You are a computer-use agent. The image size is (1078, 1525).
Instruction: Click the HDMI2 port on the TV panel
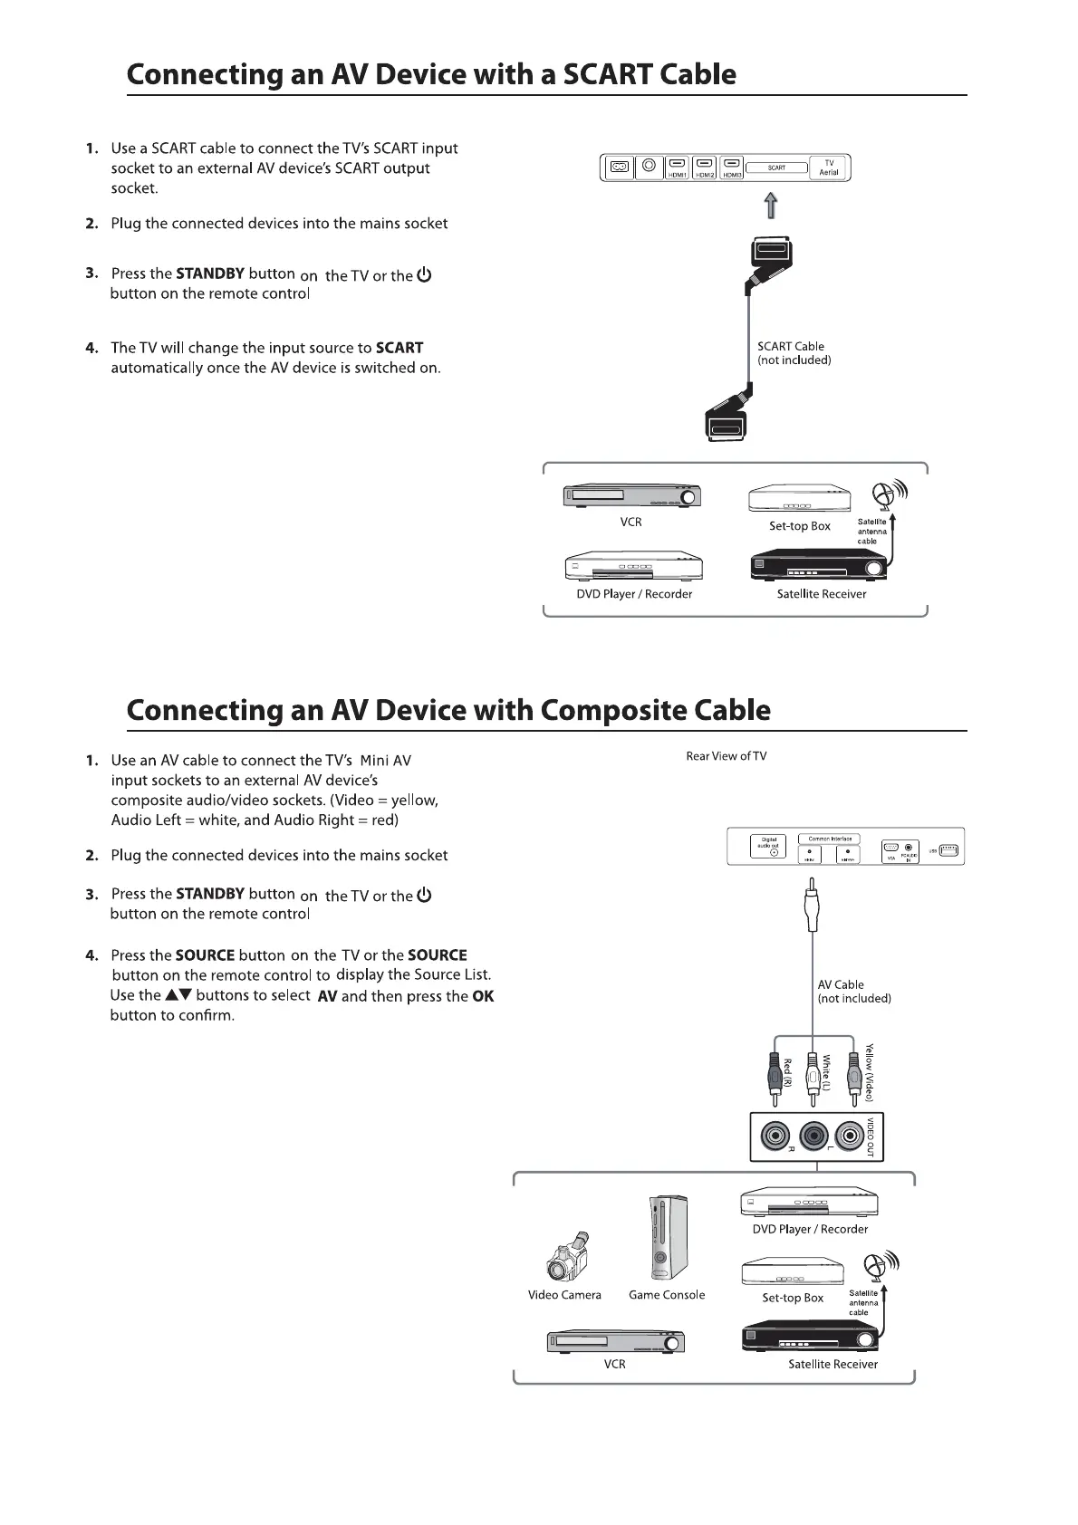(x=704, y=168)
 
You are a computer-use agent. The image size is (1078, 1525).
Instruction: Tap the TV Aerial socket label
(x=829, y=168)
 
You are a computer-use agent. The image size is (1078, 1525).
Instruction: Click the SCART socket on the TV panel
(x=776, y=168)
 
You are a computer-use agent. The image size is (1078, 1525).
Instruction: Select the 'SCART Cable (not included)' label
(x=794, y=353)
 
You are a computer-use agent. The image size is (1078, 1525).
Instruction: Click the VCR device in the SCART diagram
(x=631, y=495)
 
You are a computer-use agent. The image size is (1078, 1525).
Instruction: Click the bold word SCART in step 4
(x=399, y=348)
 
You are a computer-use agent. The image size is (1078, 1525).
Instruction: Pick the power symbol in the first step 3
(x=424, y=274)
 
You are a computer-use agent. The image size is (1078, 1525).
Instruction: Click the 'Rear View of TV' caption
(x=726, y=756)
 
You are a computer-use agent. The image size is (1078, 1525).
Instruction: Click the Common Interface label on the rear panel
(x=829, y=839)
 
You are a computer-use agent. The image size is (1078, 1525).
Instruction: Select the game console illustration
(x=668, y=1237)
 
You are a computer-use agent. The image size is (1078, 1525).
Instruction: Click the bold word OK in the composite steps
(x=484, y=996)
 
